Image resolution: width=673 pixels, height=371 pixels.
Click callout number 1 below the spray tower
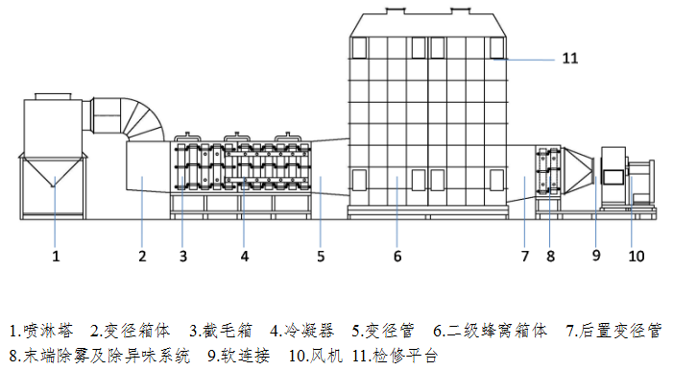[x=56, y=257]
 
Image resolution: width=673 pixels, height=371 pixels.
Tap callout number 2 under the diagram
[x=141, y=257]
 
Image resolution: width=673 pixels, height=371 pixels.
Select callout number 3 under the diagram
[x=182, y=257]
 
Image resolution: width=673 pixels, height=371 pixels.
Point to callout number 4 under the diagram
[x=245, y=257]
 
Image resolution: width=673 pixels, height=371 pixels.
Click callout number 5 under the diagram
[x=322, y=257]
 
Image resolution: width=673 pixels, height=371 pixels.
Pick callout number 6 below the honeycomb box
[x=396, y=257]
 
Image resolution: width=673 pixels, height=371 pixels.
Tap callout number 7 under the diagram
[x=525, y=257]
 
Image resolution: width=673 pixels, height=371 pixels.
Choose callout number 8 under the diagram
[x=550, y=257]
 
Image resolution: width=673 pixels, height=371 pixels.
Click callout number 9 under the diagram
[x=595, y=257]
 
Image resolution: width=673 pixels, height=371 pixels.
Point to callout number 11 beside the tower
[x=569, y=58]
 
